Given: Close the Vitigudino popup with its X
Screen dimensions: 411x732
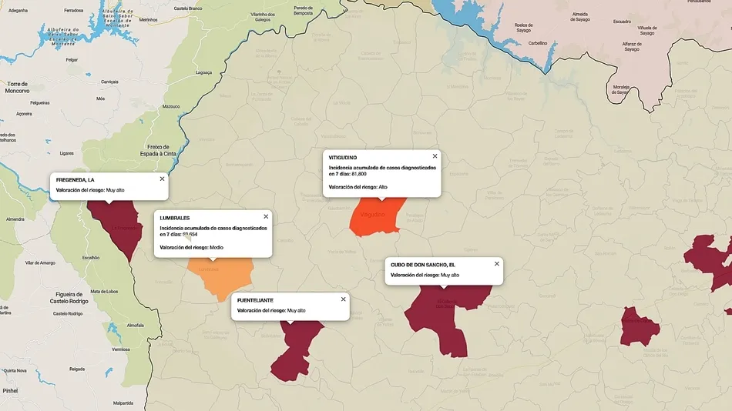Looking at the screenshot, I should coord(435,156).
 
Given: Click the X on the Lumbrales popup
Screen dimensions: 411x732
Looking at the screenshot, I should coord(266,216).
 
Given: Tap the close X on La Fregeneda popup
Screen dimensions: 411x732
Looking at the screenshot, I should coord(162,179).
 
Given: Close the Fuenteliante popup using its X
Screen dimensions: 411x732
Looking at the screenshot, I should coord(344,299).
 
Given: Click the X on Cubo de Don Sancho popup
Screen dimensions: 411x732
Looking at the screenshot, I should coord(497,263).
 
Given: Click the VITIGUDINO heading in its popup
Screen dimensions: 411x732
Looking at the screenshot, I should coord(343,158).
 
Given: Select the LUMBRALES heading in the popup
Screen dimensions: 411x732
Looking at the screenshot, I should coord(175,218).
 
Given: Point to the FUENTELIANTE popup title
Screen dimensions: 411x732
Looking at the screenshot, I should coord(255,299).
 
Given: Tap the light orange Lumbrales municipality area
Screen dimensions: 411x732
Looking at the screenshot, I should coord(223,276).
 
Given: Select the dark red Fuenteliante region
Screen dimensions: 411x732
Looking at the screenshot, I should coord(297,346).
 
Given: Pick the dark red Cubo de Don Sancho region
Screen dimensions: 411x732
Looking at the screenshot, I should coord(443,316).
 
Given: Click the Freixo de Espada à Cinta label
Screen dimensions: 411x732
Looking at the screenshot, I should coord(163,149).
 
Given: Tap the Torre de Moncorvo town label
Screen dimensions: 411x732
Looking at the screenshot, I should coord(17,87).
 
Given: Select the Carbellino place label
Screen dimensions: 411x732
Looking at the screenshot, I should coord(537,43).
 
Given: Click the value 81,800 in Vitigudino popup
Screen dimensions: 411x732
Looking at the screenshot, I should coord(355,173).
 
